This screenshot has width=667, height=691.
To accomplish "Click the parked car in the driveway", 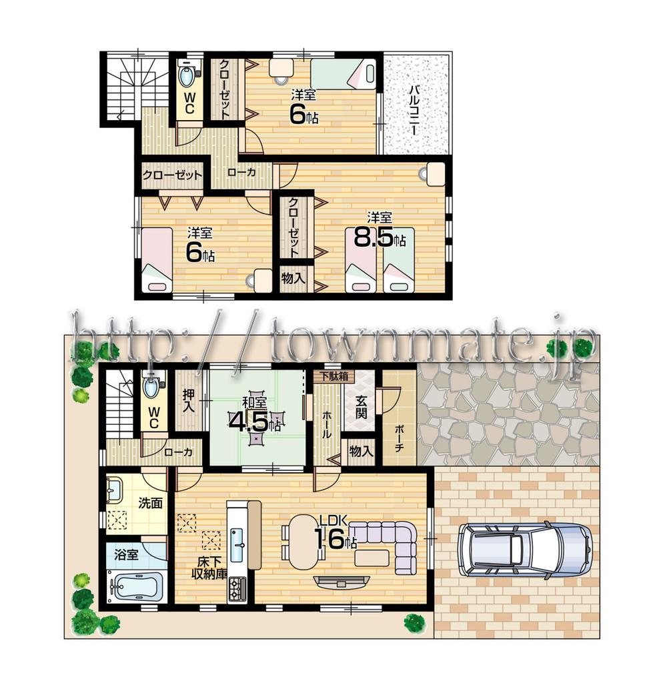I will tap(524, 550).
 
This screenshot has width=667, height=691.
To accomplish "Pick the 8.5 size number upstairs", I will tap(372, 238).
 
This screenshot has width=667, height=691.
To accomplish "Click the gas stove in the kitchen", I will tap(237, 588).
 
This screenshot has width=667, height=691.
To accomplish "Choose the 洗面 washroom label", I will tap(151, 503).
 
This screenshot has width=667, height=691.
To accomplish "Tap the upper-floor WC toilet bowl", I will tap(188, 75).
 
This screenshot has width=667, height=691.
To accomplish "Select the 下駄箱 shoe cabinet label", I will tap(333, 376).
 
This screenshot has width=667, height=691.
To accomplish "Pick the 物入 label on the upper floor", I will tap(293, 277).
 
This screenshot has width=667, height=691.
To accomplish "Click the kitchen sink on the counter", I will tap(237, 544).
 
